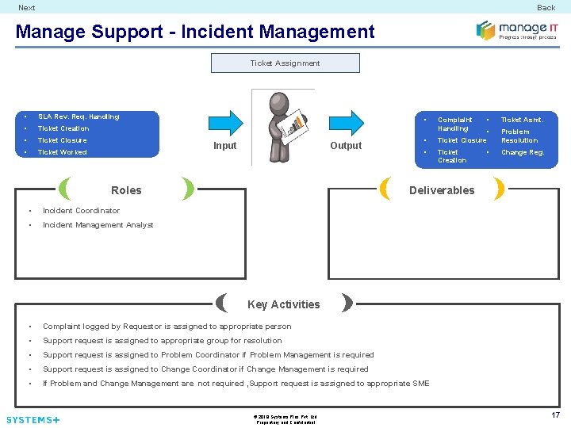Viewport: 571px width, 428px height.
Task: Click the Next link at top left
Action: [x=27, y=8]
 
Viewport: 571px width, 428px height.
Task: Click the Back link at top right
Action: [x=546, y=8]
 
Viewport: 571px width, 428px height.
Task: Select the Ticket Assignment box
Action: [x=285, y=63]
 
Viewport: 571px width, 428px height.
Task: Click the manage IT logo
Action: [x=516, y=30]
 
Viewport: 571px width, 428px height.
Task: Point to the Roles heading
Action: [x=126, y=190]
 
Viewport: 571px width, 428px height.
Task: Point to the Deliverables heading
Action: [x=442, y=190]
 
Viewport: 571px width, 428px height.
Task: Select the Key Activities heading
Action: [x=284, y=304]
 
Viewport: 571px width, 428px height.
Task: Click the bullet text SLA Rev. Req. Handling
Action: [x=79, y=117]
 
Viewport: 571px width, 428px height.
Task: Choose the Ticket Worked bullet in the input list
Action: [x=63, y=152]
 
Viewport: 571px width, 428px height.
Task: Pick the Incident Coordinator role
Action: [x=81, y=211]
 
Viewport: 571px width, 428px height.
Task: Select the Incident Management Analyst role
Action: [x=98, y=225]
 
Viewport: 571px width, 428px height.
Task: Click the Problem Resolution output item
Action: [x=519, y=136]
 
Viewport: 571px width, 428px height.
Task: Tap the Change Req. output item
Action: [x=522, y=152]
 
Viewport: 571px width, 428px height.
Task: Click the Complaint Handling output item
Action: [x=454, y=124]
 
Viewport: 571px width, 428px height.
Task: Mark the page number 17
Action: [x=555, y=415]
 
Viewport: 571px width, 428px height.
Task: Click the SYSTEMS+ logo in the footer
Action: [x=33, y=419]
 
